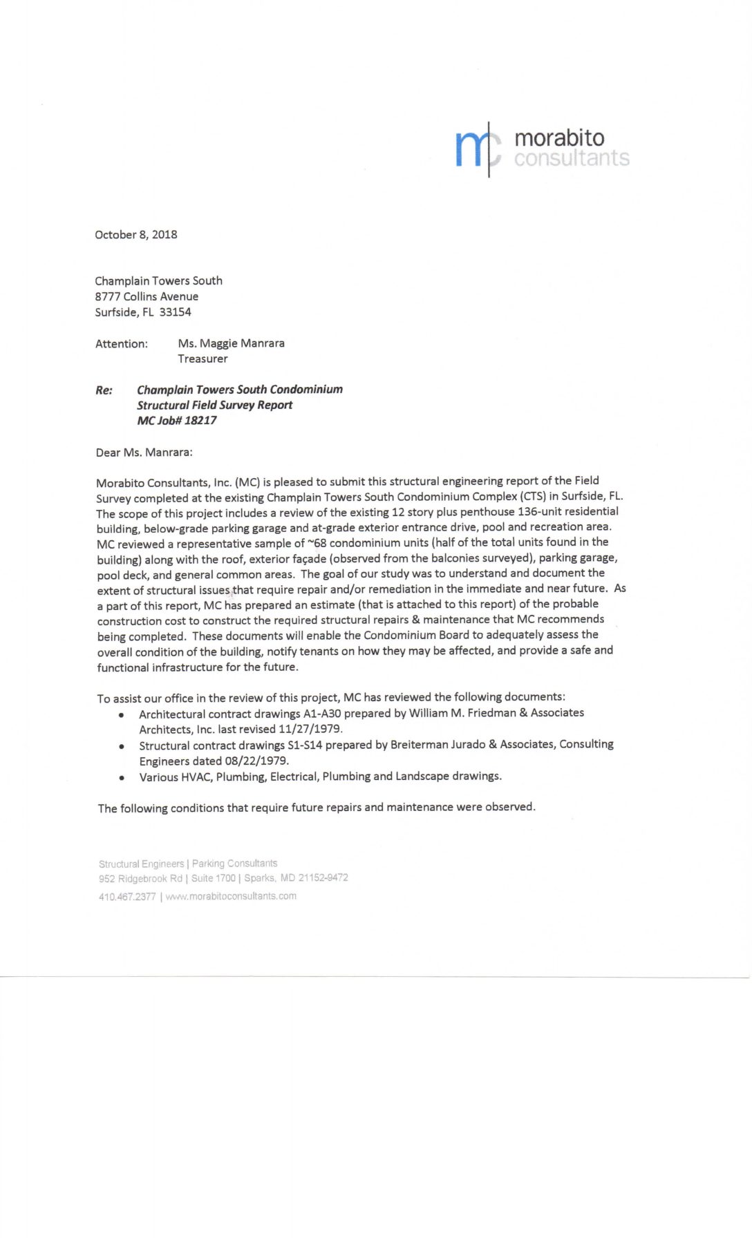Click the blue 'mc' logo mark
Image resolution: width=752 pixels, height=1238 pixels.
(x=478, y=149)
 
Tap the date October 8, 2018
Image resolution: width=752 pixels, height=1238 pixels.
(x=136, y=235)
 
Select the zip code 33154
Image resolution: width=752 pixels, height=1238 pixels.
(x=175, y=312)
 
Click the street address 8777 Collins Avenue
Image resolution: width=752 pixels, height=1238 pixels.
(x=147, y=296)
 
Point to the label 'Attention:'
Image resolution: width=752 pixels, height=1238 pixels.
(x=122, y=344)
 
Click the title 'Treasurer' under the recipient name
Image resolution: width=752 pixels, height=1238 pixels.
(x=203, y=359)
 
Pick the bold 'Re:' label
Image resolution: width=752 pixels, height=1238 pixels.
(x=104, y=390)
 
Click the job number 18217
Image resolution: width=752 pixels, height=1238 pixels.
(x=200, y=421)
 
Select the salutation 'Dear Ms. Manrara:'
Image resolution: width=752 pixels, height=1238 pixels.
(x=144, y=453)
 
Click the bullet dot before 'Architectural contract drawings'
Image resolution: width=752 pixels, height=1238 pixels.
(x=122, y=714)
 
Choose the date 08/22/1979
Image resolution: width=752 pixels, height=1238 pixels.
(x=256, y=761)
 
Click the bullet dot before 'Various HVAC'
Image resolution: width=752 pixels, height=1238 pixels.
(x=122, y=778)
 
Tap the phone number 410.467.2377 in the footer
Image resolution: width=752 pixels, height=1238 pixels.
(x=127, y=897)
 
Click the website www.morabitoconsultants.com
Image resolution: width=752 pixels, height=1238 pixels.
(x=231, y=897)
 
